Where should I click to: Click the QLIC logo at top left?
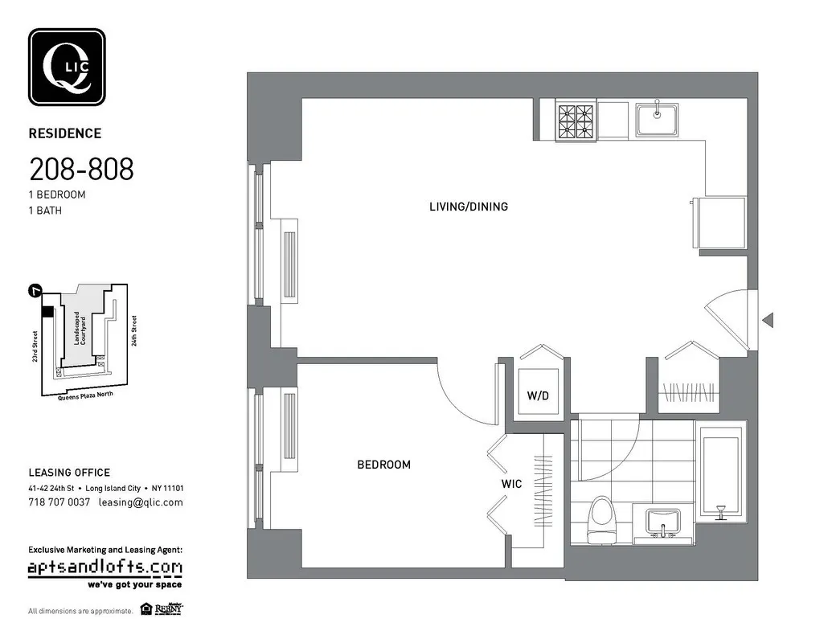pos(67,68)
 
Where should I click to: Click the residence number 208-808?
pos(81,170)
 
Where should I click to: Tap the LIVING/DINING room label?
pos(468,207)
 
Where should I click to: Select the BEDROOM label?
pos(383,465)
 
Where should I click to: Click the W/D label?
pos(538,396)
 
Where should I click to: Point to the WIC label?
pos(511,484)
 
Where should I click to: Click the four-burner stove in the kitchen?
pos(576,121)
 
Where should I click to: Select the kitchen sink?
pos(658,120)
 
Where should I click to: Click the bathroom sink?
pos(663,522)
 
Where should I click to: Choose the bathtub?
pos(720,473)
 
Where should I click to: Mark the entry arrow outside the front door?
pos(768,321)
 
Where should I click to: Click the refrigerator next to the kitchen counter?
pos(720,223)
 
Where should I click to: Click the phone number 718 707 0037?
pos(59,502)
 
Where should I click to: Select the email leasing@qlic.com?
pos(141,502)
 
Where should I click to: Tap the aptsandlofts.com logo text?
pos(105,568)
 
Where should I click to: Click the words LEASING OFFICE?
pos(69,473)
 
